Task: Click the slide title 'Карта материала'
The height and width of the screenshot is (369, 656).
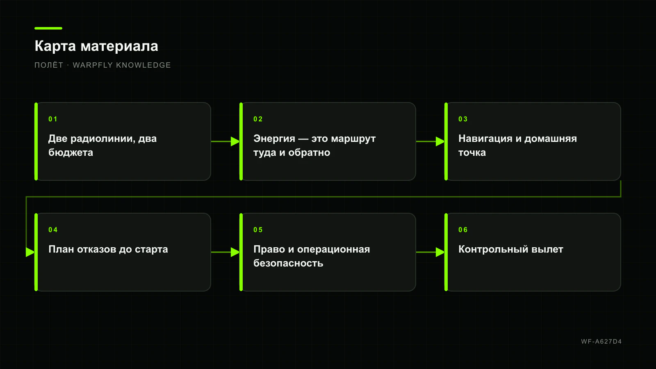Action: (96, 46)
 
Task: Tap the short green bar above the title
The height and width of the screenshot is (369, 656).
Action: (48, 28)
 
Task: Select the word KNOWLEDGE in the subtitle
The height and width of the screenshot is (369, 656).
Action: (143, 65)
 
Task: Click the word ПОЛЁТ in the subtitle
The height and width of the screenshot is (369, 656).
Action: (49, 65)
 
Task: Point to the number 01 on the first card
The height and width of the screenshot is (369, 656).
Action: (53, 119)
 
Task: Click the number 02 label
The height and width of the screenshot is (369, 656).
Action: (258, 119)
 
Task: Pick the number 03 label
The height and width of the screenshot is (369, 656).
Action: (463, 119)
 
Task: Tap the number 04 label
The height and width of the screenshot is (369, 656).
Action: (53, 230)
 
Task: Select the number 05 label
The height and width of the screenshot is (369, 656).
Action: (258, 230)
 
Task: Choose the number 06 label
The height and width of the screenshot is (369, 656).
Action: (463, 230)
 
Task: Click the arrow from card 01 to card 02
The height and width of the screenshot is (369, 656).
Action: (225, 141)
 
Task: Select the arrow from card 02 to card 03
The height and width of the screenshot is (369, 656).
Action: (430, 141)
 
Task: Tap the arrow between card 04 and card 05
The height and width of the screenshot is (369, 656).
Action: (225, 252)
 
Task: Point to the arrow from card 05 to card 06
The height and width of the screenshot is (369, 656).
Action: (430, 252)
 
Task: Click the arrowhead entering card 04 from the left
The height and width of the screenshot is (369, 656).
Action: (30, 252)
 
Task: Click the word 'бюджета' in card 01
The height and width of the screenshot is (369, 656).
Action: (71, 153)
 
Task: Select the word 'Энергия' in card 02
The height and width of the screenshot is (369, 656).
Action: (274, 139)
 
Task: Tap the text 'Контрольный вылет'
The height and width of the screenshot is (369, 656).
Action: (511, 249)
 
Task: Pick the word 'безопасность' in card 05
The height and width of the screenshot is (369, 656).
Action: (288, 263)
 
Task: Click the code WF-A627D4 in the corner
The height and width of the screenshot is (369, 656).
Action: (601, 342)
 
